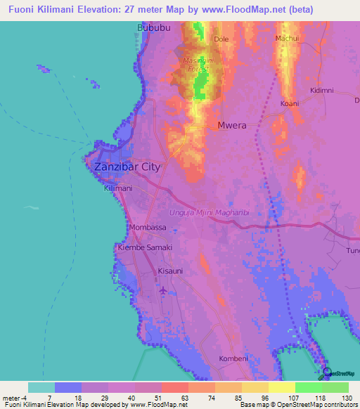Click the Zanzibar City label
[127, 167]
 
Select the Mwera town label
[231, 126]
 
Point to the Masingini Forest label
[204, 65]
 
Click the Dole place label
[221, 39]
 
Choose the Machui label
[288, 38]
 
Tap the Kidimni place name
[321, 91]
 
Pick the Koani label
[289, 103]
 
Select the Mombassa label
[148, 228]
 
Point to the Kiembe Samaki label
[145, 248]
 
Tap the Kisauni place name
[171, 271]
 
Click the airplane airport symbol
[164, 290]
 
